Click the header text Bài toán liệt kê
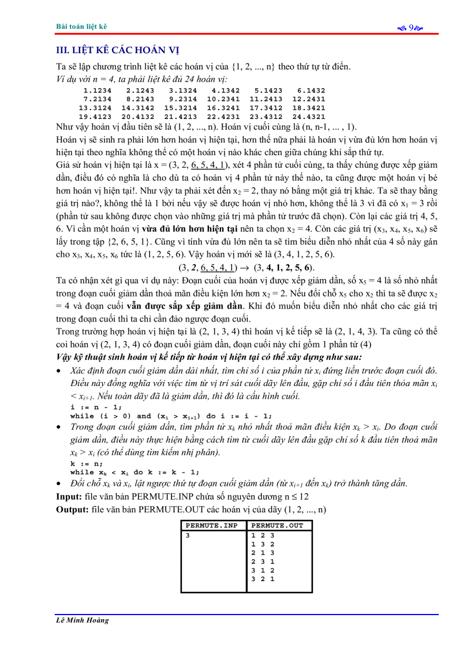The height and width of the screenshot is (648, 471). (x=81, y=27)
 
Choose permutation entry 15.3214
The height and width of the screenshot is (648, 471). (x=180, y=108)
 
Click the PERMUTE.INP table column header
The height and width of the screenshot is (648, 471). (x=212, y=526)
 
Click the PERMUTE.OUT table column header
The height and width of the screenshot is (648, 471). (x=277, y=526)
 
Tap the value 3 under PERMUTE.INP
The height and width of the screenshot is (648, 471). (x=187, y=535)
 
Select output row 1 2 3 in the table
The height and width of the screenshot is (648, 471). (x=263, y=535)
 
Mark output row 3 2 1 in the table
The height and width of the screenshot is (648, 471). (x=263, y=579)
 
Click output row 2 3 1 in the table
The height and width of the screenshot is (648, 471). (x=263, y=561)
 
